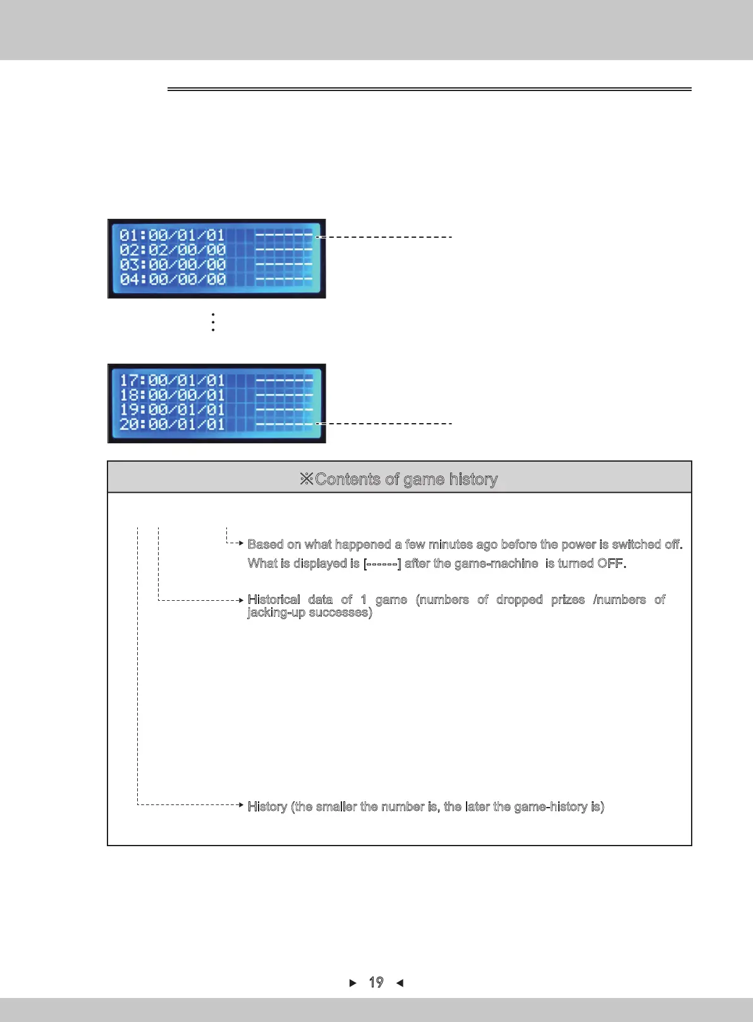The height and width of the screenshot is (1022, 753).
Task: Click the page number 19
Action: pyautogui.click(x=376, y=982)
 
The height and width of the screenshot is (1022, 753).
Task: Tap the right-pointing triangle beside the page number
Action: pyautogui.click(x=353, y=983)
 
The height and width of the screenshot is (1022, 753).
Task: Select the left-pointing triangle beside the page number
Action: pyautogui.click(x=400, y=983)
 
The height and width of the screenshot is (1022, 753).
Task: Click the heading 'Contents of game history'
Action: pyautogui.click(x=406, y=479)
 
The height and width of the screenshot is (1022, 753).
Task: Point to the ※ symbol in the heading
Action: pyautogui.click(x=307, y=479)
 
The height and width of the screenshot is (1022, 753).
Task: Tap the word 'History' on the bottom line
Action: pyautogui.click(x=267, y=806)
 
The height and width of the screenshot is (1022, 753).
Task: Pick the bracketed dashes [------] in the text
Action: pyautogui.click(x=382, y=563)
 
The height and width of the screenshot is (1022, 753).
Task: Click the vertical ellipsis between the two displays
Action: pyautogui.click(x=213, y=322)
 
